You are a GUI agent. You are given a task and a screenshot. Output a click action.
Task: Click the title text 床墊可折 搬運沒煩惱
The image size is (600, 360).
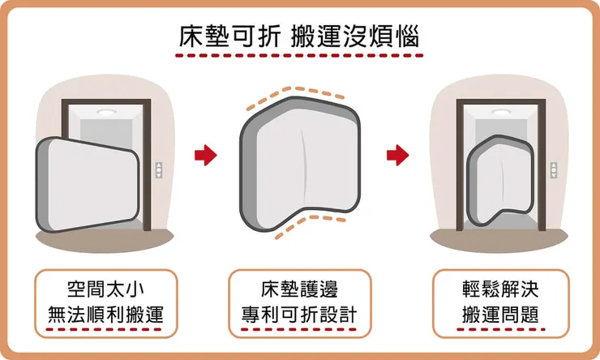tap(299, 37)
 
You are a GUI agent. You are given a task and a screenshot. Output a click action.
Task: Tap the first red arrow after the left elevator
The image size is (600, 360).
tap(207, 154)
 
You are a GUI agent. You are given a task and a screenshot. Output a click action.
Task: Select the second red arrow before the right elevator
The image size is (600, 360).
tap(396, 154)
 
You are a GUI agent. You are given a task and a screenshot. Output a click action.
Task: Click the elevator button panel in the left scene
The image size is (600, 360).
tap(159, 169)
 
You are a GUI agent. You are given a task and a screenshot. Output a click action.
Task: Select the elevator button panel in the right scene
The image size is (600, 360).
tap(554, 169)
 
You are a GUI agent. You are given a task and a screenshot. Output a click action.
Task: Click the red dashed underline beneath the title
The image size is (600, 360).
tap(299, 58)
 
